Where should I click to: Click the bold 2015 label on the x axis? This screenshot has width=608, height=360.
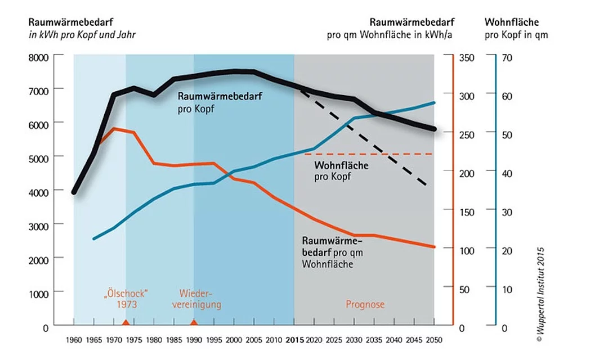pos(294,340)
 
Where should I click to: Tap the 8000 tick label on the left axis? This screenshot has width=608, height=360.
pos(38,58)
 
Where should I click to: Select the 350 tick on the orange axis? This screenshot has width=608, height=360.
pos(467,58)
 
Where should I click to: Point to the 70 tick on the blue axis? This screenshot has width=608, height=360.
pos(507,58)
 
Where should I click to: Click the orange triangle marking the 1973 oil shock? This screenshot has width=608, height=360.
pos(125,322)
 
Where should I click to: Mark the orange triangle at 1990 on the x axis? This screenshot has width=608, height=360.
pos(194,322)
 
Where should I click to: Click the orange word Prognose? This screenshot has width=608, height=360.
pos(365,304)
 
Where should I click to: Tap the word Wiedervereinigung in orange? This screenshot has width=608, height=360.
pos(196,299)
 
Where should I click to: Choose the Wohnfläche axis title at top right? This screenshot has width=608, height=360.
pos(512,22)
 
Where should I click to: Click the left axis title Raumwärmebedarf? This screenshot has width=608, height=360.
pos(71,22)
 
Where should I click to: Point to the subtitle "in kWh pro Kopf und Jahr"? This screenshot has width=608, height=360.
pos(82,35)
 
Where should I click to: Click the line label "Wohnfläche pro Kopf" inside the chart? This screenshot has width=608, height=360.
pos(341,171)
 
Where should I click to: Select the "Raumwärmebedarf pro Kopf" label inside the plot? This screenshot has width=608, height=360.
pos(220,102)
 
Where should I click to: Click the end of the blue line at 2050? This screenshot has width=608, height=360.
pos(434,103)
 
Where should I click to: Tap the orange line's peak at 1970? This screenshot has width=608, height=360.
pos(114,128)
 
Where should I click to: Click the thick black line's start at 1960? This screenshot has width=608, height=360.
pos(74,192)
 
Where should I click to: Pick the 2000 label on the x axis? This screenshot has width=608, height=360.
pos(234,340)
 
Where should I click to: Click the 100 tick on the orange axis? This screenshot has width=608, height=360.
pos(467,251)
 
